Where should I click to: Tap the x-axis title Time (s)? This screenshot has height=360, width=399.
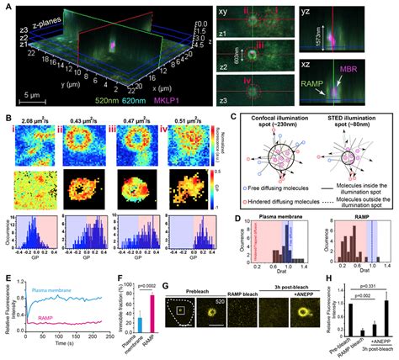(x=87, y=346)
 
